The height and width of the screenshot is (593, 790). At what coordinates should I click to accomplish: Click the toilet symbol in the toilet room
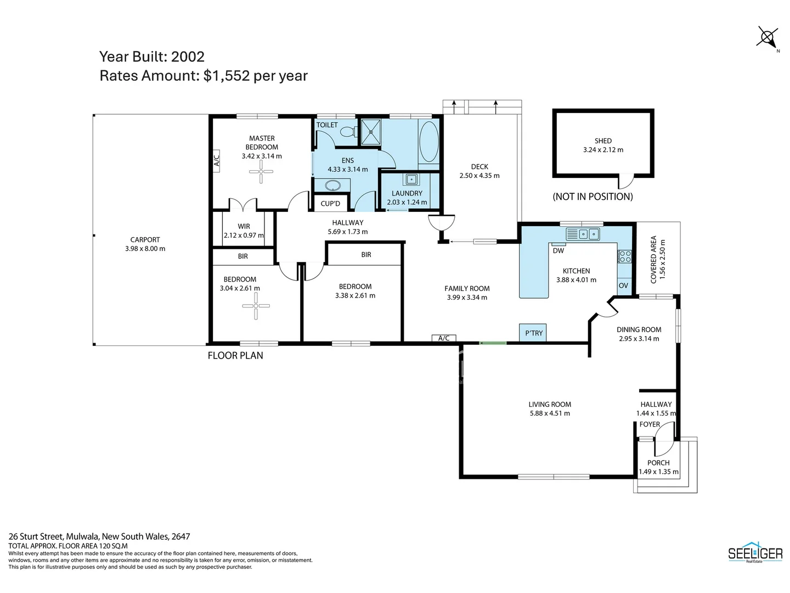pyautogui.click(x=347, y=132)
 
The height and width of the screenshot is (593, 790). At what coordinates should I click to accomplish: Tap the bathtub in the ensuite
pyautogui.click(x=428, y=142)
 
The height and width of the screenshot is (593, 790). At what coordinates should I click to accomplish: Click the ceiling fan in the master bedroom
pyautogui.click(x=261, y=172)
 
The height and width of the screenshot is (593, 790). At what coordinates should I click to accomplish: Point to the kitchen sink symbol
pyautogui.click(x=583, y=234)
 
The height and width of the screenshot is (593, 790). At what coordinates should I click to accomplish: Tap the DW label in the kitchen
pyautogui.click(x=558, y=251)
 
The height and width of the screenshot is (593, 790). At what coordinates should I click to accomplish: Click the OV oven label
pyautogui.click(x=623, y=286)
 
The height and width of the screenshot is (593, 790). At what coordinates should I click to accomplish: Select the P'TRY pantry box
pyautogui.click(x=533, y=333)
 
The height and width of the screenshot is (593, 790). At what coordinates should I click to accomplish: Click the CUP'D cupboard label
pyautogui.click(x=330, y=204)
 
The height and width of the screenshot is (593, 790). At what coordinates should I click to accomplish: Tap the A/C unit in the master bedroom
pyautogui.click(x=216, y=161)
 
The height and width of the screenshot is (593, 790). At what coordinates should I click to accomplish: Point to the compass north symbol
pyautogui.click(x=766, y=37)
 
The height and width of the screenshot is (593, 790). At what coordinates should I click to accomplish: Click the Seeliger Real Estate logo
pyautogui.click(x=755, y=553)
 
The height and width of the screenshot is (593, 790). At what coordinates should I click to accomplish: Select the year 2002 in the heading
pyautogui.click(x=188, y=57)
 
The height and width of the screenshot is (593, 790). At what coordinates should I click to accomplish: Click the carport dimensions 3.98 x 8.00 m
pyautogui.click(x=145, y=249)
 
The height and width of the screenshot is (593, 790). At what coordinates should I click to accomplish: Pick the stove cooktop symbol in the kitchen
pyautogui.click(x=624, y=256)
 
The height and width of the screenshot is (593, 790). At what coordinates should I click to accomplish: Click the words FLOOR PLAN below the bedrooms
pyautogui.click(x=235, y=356)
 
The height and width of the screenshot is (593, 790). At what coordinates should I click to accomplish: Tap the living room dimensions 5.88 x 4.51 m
pyautogui.click(x=550, y=413)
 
